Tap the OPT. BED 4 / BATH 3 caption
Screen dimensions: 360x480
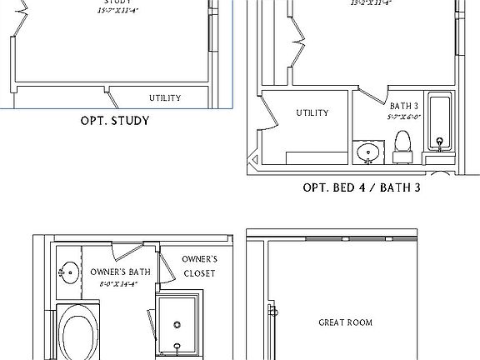click(x=361, y=187)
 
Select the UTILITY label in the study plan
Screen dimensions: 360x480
click(x=165, y=98)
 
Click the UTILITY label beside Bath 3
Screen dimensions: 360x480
click(x=312, y=113)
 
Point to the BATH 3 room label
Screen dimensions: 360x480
click(x=404, y=107)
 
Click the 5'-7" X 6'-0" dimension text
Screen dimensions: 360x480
click(x=403, y=117)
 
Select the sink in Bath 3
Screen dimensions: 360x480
click(x=367, y=152)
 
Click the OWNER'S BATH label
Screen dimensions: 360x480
click(x=120, y=272)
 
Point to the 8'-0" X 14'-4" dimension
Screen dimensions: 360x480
click(x=119, y=284)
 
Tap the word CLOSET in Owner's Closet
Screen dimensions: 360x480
click(x=200, y=273)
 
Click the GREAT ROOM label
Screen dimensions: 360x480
click(x=346, y=322)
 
